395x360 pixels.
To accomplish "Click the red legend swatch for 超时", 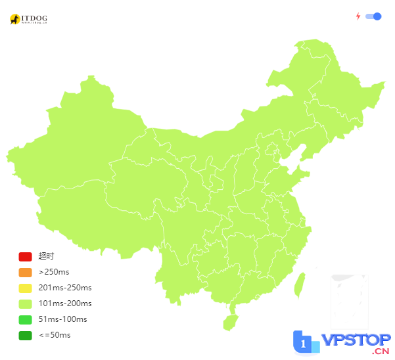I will (x=25, y=256).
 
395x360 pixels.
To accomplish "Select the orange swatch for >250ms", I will (x=25, y=272).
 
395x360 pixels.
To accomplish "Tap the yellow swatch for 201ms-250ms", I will (x=25, y=288).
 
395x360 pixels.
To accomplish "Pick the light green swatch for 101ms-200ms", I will (x=25, y=304).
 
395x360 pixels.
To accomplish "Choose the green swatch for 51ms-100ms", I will (x=25, y=319).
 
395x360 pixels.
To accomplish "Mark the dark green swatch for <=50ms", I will (x=25, y=335).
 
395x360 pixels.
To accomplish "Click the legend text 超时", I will (x=46, y=256).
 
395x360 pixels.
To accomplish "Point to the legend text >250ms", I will (x=54, y=272).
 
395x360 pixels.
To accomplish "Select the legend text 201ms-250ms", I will (x=65, y=288).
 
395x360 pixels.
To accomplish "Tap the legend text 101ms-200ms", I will (x=65, y=304).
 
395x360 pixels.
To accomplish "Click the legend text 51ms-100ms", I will (x=62, y=319).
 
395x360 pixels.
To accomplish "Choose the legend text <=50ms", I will (x=55, y=335).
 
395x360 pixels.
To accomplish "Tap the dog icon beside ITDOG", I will (x=14, y=20).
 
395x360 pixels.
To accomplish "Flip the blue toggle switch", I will (x=373, y=16).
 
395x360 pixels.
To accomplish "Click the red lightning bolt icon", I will (x=358, y=16).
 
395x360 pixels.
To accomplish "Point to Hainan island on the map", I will (x=230, y=323).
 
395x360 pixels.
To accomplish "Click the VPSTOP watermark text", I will (x=356, y=343).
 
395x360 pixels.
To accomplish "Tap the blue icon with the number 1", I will (x=304, y=344).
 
